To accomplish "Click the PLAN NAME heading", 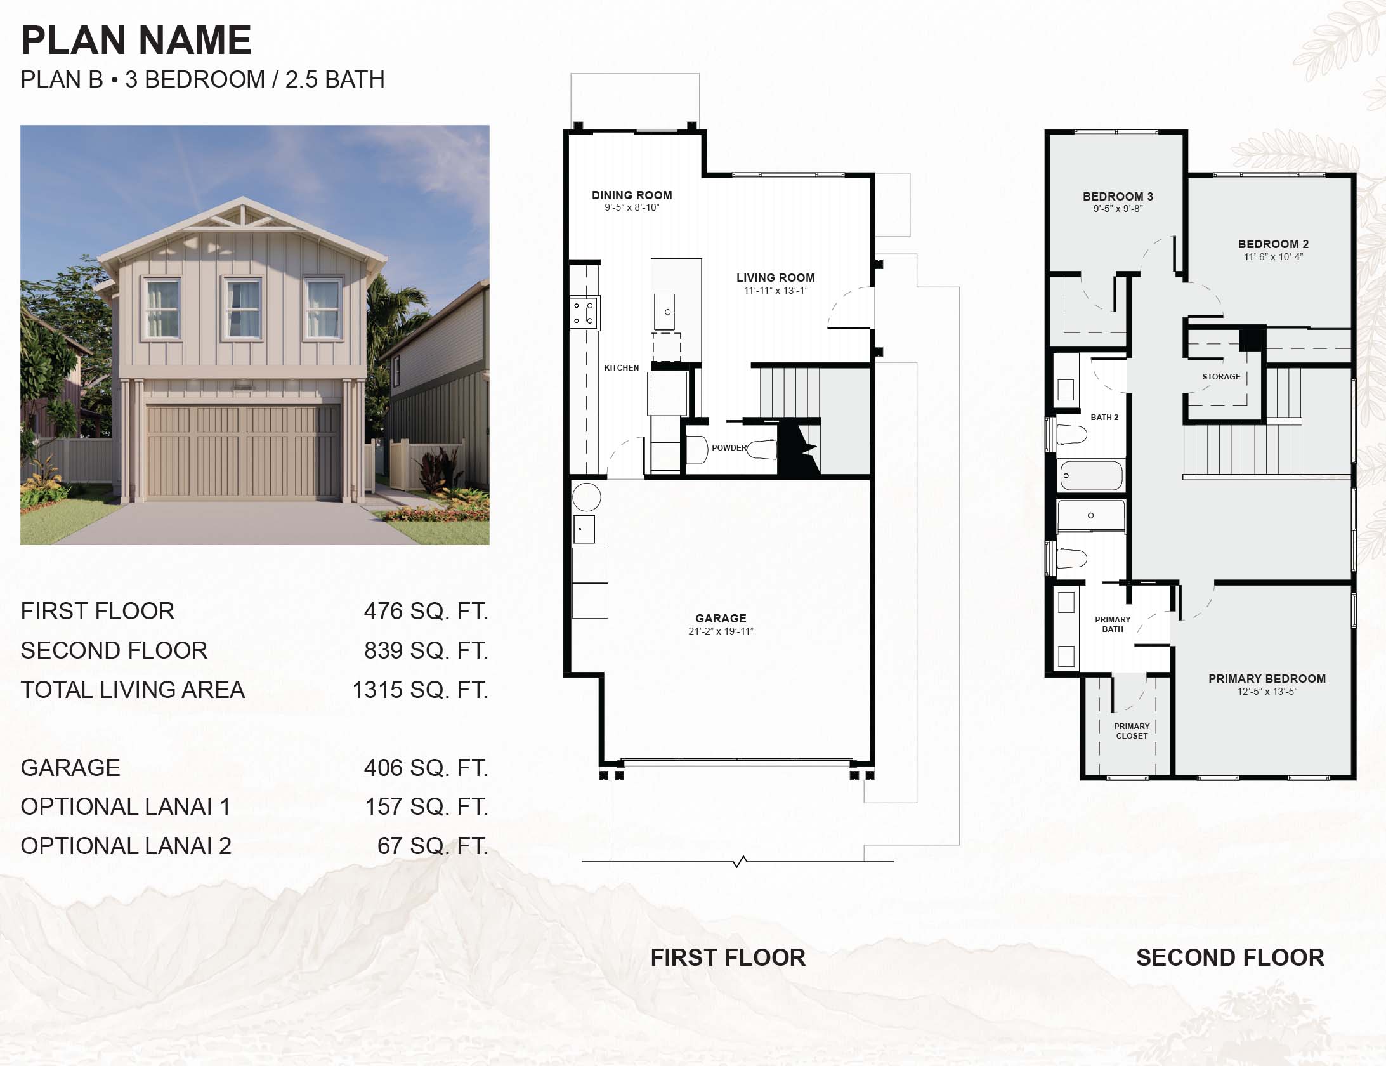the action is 136,40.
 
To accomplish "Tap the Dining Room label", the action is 632,195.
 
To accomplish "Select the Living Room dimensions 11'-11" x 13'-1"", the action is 776,291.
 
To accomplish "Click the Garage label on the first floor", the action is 721,618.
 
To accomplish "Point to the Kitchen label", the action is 622,368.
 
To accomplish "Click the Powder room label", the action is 729,448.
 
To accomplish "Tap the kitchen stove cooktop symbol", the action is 584,313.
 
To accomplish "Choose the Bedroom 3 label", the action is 1118,197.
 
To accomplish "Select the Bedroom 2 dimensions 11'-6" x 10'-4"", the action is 1273,257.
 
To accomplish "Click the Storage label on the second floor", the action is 1221,377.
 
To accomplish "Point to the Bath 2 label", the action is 1104,418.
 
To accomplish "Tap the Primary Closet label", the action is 1132,731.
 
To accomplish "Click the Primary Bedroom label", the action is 1267,679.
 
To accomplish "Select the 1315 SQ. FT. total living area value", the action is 421,690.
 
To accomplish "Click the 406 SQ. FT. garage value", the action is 426,768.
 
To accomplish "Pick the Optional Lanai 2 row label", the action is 126,846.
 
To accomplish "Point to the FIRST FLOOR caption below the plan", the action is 728,957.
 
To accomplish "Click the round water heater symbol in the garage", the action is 586,497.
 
